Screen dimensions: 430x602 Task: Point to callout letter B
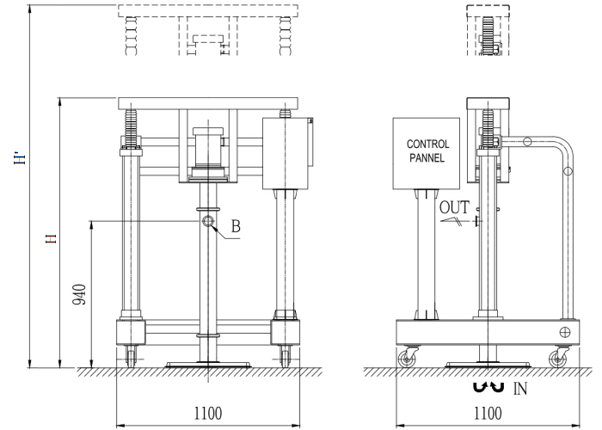tap(236, 229)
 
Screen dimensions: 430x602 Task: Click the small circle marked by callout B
tap(209, 221)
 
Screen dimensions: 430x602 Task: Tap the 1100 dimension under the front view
tap(207, 414)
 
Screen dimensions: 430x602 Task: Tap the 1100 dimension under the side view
tap(488, 414)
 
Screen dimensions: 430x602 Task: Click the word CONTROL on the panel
tap(427, 144)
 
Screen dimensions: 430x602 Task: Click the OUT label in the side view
tap(455, 207)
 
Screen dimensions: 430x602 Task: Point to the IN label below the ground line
tap(519, 390)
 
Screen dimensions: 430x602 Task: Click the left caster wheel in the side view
tap(405, 359)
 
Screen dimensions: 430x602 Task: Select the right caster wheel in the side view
tap(562, 359)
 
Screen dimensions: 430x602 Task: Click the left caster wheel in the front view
tap(132, 356)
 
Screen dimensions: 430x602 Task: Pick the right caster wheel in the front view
tap(285, 356)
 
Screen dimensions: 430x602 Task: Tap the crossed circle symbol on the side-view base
tap(565, 332)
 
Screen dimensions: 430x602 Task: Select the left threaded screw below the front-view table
tap(133, 130)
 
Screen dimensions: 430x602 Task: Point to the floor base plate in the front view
tap(208, 364)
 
